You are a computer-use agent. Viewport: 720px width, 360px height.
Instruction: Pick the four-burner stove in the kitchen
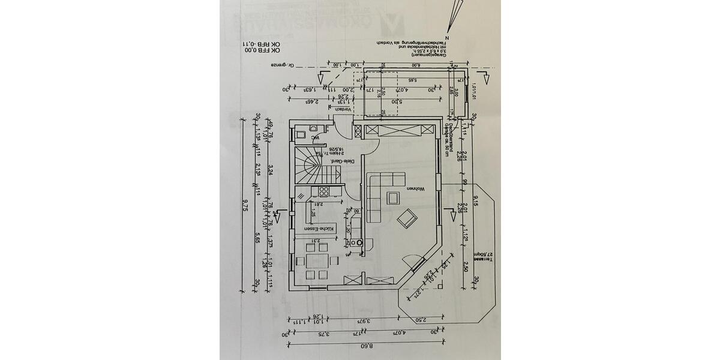(x=323, y=192)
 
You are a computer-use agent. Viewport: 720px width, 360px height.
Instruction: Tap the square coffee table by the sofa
(x=394, y=197)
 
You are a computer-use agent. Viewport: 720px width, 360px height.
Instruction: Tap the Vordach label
(x=341, y=109)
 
